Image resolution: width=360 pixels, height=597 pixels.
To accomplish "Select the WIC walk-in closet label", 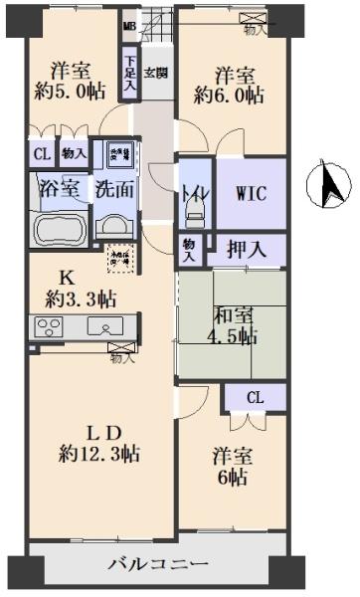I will point(250,192).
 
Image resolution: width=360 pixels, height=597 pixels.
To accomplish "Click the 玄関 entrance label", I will point(155,73).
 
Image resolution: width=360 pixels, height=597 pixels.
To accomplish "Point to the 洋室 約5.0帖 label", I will point(72,80).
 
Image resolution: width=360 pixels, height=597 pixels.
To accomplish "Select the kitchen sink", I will point(102,326).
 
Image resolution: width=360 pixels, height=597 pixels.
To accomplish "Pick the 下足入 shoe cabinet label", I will point(130,76).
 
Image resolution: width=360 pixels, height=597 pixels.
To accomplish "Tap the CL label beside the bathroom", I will point(41,155).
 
